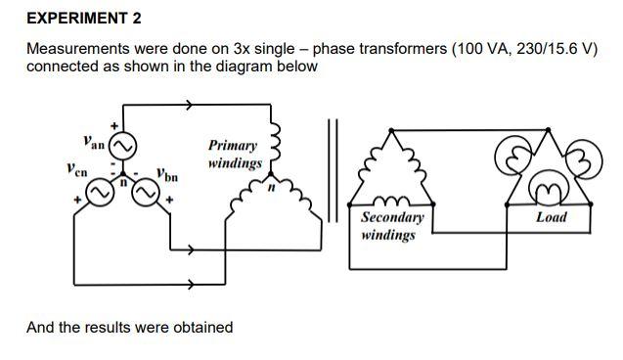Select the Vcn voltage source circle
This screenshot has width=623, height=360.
pyautogui.click(x=100, y=196)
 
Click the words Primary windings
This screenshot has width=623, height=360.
pyautogui.click(x=235, y=154)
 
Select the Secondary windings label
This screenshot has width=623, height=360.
pyautogui.click(x=392, y=226)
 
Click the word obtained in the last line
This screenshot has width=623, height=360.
pyautogui.click(x=201, y=327)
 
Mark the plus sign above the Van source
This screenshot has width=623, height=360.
pyautogui.click(x=114, y=125)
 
